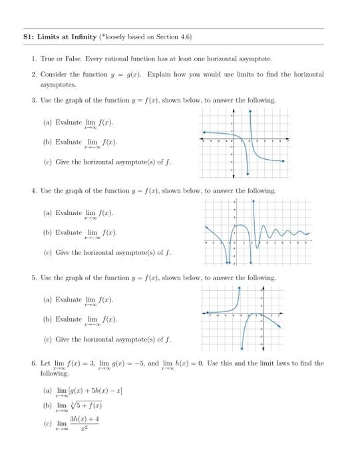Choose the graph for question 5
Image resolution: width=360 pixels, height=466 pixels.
click(x=245, y=318)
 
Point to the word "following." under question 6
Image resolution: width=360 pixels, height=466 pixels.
click(x=55, y=373)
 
